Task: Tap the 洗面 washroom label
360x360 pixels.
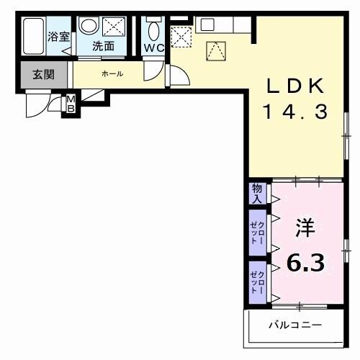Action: pos(104,46)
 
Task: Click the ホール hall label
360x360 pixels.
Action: pos(111,73)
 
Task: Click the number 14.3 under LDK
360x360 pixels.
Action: pos(295,112)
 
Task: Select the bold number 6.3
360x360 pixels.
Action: pos(305,261)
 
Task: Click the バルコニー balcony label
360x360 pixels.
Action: pos(295,325)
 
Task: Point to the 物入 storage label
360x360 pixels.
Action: pos(256,193)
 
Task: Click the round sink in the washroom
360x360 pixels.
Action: pos(88,27)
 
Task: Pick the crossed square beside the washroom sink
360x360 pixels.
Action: pos(113,27)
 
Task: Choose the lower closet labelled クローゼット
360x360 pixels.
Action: pos(257,281)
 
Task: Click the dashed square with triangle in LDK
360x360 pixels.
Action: pos(216,50)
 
